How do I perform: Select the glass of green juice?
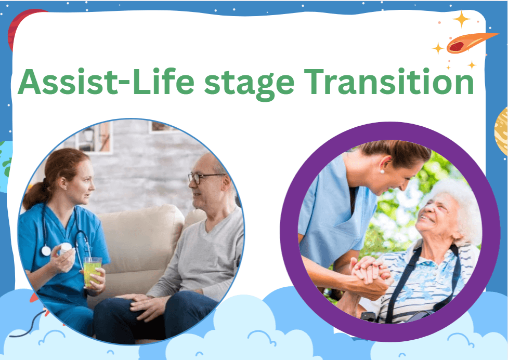(x=93, y=271)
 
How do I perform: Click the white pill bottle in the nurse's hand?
(x=66, y=248)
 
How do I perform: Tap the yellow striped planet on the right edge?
(x=501, y=130)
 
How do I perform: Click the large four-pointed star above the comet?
(x=461, y=19)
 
